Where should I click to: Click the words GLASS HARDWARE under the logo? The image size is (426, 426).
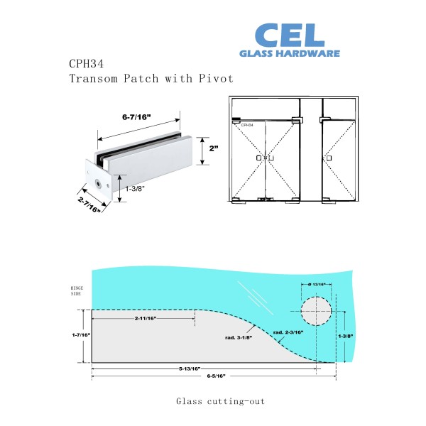click(290, 53)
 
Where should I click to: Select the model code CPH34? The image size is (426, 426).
click(86, 63)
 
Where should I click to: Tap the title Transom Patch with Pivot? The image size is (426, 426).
click(151, 78)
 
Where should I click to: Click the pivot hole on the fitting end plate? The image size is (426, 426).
click(97, 184)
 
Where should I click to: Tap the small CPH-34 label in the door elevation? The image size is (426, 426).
click(247, 125)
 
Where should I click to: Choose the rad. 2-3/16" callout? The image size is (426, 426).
click(288, 332)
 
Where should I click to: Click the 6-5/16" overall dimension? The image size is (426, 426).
click(213, 376)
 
